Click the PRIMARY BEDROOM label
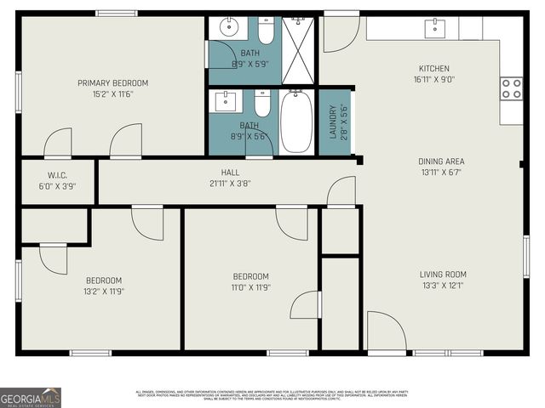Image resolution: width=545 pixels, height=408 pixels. (x=112, y=82)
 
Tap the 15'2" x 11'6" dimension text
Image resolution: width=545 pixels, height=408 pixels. (x=112, y=93)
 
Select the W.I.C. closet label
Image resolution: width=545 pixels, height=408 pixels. (x=57, y=174)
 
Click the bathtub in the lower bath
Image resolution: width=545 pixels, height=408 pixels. (x=296, y=122)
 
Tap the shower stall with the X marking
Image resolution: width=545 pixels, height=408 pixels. (x=298, y=49)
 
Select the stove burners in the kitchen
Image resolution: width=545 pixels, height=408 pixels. (x=512, y=88)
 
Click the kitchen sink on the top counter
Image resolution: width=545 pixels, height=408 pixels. (x=435, y=27)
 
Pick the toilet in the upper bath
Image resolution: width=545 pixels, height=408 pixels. (x=266, y=31)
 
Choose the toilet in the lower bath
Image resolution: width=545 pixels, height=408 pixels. (x=261, y=103)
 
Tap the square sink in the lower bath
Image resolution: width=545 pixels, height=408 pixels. (x=227, y=102)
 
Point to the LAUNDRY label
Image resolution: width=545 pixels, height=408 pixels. (x=332, y=122)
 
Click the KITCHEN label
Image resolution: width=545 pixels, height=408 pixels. (x=433, y=69)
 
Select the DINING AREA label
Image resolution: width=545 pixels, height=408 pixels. (x=441, y=161)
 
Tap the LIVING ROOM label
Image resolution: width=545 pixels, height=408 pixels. (x=443, y=274)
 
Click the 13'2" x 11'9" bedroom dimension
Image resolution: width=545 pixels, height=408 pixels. (x=103, y=292)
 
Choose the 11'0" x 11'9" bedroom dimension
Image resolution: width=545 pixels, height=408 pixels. (x=251, y=287)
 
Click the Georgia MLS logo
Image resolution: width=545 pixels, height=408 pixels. (x=31, y=397)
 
